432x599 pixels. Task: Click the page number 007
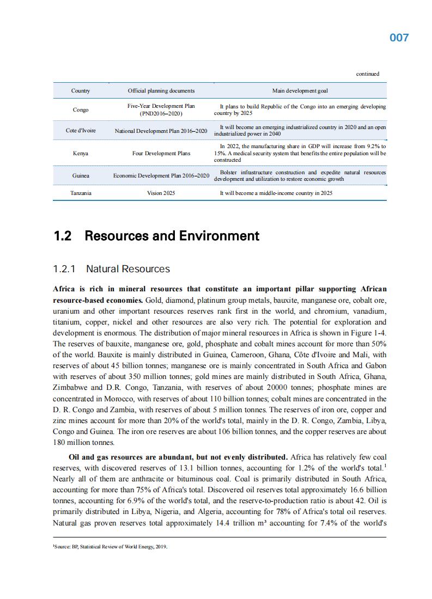click(x=399, y=38)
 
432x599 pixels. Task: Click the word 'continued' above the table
click(x=368, y=74)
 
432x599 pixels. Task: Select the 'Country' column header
click(x=81, y=90)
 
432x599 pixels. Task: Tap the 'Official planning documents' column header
click(x=161, y=90)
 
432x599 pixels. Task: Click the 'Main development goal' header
click(x=300, y=90)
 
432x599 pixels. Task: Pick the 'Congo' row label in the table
click(x=81, y=110)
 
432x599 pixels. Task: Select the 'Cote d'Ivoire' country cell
click(x=81, y=131)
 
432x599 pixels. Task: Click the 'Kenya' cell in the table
click(x=81, y=154)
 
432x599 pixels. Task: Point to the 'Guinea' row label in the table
click(x=81, y=176)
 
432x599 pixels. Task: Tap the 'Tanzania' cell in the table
click(x=81, y=193)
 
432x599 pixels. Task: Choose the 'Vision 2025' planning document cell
click(x=161, y=193)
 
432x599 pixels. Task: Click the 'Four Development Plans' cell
click(x=161, y=154)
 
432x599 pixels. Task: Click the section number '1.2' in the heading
click(x=63, y=236)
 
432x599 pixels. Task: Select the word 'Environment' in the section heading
click(x=224, y=236)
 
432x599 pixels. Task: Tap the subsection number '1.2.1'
click(x=64, y=269)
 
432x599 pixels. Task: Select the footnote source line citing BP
click(x=109, y=547)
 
